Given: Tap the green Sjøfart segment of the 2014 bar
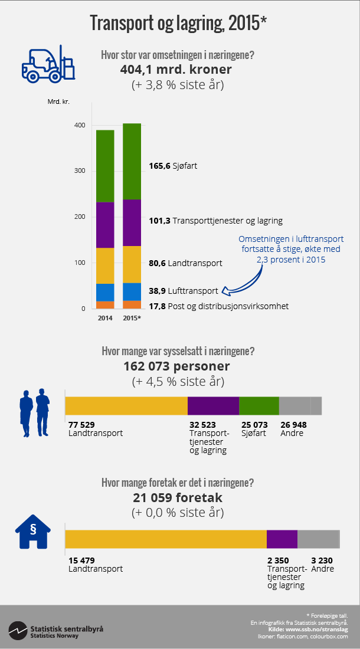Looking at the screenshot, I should (x=105, y=166).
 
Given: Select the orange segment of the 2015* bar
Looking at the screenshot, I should (x=132, y=304).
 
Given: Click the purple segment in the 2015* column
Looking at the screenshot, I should (x=132, y=223).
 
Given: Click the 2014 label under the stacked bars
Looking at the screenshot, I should (x=105, y=319).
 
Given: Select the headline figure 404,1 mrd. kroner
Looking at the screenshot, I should (x=176, y=70).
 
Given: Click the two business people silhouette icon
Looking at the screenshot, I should (x=35, y=412).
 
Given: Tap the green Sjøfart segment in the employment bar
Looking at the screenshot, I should (x=259, y=406).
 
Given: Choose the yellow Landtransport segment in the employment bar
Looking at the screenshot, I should (x=126, y=406).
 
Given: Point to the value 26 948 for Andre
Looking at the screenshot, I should (x=293, y=424).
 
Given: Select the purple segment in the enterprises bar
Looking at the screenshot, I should (x=282, y=539).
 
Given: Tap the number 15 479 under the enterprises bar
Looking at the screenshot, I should (x=81, y=560).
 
